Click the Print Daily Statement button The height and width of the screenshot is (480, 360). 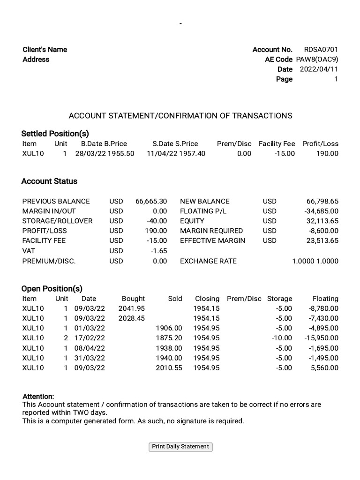[180, 447]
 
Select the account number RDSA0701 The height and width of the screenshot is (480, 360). [321, 50]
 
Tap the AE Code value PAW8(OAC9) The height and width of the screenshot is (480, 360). [317, 60]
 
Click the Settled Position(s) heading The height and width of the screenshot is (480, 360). [55, 134]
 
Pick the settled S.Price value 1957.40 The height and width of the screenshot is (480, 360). [192, 154]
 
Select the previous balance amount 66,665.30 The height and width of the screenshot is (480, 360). [151, 201]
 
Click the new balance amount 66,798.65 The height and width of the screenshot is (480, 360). [322, 201]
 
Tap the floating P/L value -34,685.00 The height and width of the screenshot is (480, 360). [321, 211]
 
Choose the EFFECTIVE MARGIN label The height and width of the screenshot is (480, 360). [212, 241]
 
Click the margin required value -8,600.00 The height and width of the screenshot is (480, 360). [323, 231]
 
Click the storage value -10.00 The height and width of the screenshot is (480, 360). [282, 338]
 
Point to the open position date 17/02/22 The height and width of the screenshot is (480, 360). [90, 338]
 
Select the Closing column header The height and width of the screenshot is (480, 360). [207, 299]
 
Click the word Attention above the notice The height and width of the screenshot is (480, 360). [38, 397]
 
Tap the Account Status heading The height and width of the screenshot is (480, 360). [49, 181]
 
